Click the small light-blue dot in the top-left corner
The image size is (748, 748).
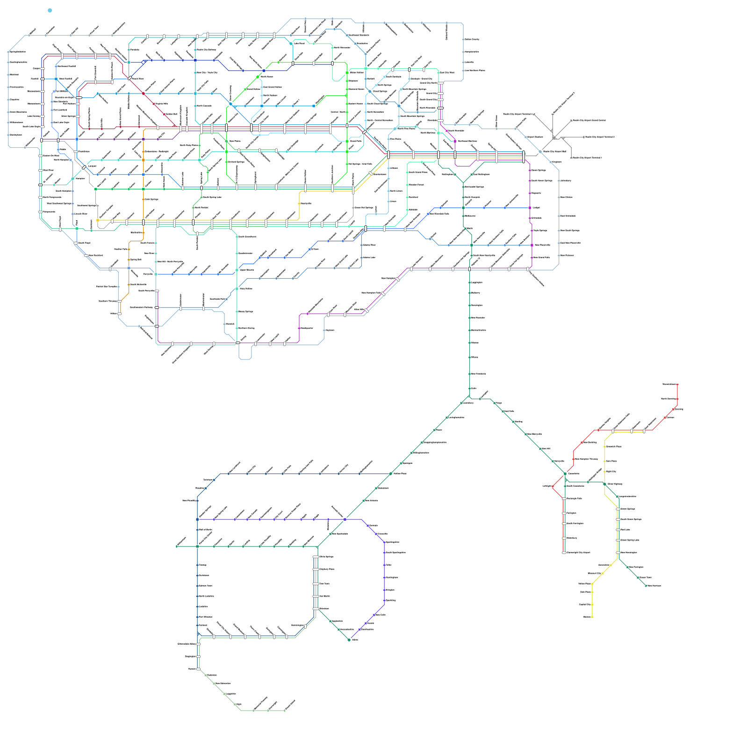[x=50, y=10]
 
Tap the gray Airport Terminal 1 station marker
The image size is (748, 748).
[x=571, y=158]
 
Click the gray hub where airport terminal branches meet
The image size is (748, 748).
[x=555, y=137]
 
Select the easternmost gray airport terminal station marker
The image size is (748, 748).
[x=584, y=137]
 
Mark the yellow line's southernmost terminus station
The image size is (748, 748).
[x=592, y=617]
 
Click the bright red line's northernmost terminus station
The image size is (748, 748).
[x=677, y=384]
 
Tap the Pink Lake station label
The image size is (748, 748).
[x=625, y=530]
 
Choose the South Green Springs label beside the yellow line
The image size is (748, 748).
[x=631, y=519]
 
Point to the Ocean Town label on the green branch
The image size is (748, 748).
[x=645, y=578]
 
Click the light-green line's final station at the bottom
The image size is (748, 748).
[x=285, y=711]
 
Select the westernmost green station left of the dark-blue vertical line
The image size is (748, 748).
[x=177, y=546]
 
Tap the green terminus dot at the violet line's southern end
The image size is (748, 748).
[x=349, y=640]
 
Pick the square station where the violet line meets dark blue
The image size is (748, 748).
[x=197, y=519]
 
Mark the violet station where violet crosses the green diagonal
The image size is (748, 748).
[x=345, y=519]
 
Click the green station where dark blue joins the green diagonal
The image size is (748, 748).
[x=391, y=474]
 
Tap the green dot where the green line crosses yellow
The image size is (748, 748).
[x=604, y=484]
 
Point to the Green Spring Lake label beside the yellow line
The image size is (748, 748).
[x=630, y=540]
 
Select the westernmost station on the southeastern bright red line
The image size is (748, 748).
[x=553, y=486]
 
